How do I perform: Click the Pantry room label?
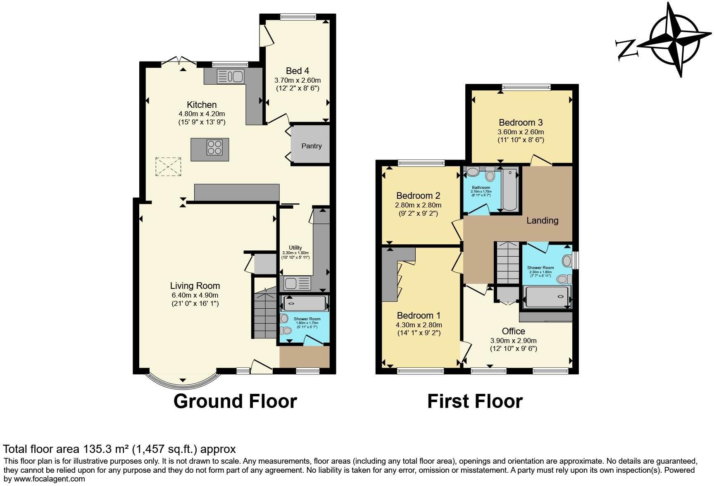[311, 146]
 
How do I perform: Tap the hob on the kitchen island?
[215, 148]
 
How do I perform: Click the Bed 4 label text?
[297, 71]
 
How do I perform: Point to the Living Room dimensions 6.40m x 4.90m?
[195, 295]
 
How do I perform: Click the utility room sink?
[297, 283]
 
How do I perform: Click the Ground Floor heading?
[235, 401]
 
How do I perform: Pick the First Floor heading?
[475, 401]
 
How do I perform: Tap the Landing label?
[542, 220]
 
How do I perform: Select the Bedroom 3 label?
[521, 122]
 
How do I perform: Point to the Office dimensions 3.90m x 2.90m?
[513, 341]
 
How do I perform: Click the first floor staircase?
[507, 263]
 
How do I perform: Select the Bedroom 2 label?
[418, 195]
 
